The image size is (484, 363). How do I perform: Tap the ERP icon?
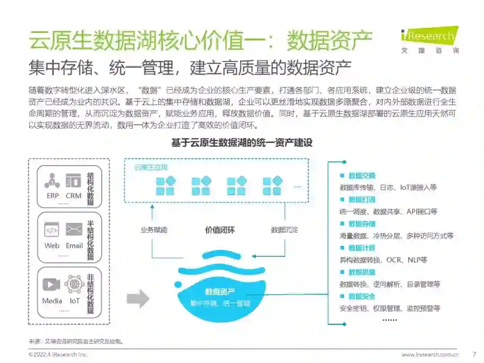(x=52, y=180)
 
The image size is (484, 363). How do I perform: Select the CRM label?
(x=73, y=195)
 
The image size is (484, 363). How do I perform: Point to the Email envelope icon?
(x=74, y=229)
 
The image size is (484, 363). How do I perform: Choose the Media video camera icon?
(x=52, y=285)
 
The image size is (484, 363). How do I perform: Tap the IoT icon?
(x=74, y=285)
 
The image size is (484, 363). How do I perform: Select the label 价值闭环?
(x=220, y=230)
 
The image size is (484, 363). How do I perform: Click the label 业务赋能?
(x=154, y=230)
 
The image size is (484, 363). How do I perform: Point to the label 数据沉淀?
(x=284, y=230)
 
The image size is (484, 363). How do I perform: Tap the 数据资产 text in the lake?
(x=220, y=292)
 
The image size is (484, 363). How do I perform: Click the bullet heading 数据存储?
(x=362, y=224)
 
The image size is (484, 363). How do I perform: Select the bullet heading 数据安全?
(x=362, y=296)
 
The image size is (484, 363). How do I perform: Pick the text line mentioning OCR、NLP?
(x=383, y=259)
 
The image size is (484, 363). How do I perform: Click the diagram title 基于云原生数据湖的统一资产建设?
(x=242, y=143)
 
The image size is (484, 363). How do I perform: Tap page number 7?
(x=474, y=354)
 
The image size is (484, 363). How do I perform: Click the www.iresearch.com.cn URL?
(x=430, y=354)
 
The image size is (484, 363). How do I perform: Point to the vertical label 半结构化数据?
(x=91, y=240)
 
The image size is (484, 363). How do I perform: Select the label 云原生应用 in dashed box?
(x=151, y=168)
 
